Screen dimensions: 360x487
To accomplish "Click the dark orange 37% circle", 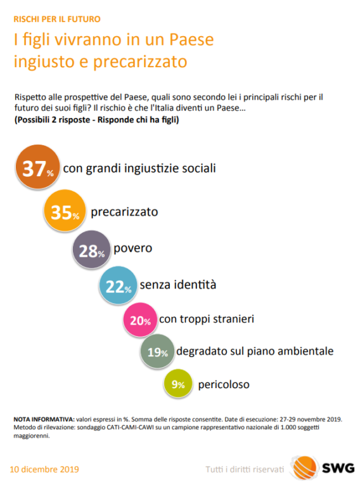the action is point(37,167).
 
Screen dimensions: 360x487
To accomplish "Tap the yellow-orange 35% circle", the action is point(65,211).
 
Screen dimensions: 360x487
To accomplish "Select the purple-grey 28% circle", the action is point(91,249).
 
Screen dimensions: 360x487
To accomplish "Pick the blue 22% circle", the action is point(118,285).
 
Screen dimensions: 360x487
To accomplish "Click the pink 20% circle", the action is point(140,320).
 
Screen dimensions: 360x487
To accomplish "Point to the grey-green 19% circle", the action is point(157,351).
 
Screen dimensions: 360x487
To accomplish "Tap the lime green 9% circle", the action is point(178,384).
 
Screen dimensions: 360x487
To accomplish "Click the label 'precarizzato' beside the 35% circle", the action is point(124,212).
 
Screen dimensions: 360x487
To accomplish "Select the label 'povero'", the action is point(133,249).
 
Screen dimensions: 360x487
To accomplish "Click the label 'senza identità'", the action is point(178,285).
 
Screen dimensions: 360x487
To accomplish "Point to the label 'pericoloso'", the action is point(224,384).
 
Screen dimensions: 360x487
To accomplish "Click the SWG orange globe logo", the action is point(304,467).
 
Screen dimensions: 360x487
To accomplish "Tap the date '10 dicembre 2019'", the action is point(44,469).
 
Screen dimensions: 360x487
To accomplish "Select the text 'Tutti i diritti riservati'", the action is point(245,469).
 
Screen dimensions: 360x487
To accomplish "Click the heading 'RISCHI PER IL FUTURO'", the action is point(57,19).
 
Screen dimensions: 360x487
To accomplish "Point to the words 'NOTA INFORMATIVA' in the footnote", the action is point(43,419).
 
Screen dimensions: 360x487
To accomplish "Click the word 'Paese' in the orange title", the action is point(191,40).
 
